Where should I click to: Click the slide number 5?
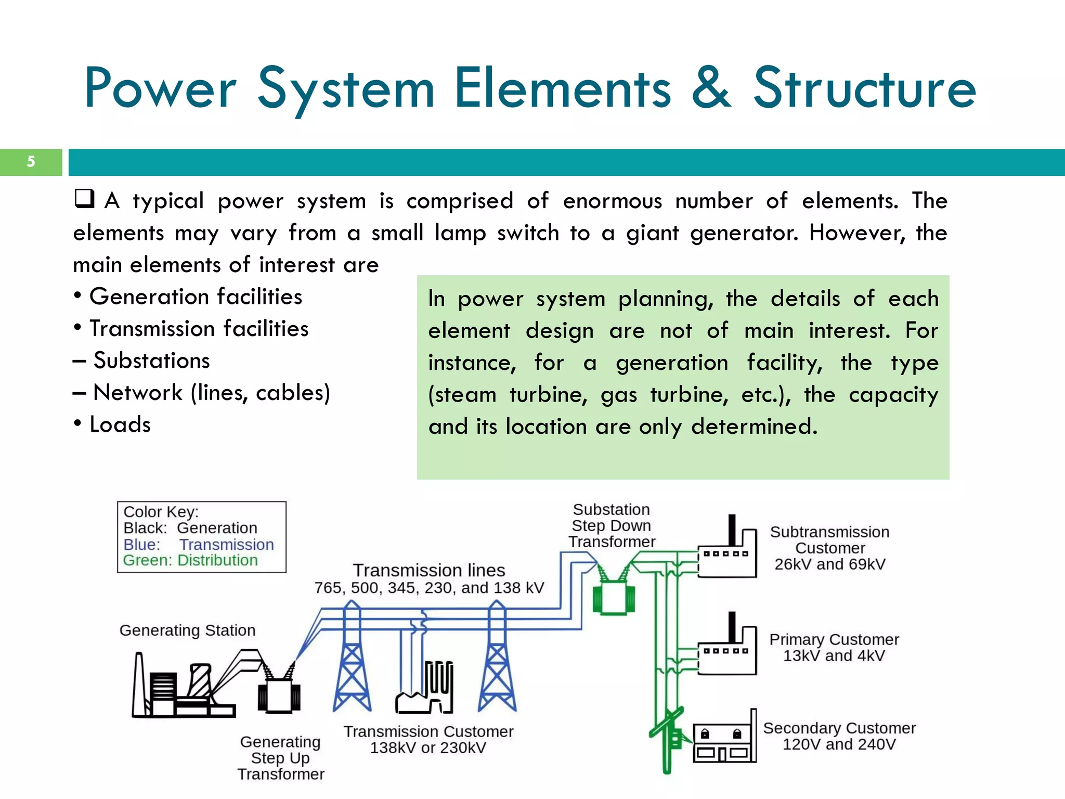coord(31,162)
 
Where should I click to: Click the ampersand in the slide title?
coord(711,88)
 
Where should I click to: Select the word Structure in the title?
coord(864,88)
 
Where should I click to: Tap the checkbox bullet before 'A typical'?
coord(84,199)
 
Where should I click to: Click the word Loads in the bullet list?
coord(120,424)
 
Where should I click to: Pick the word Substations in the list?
coord(151,360)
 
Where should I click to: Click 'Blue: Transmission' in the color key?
coord(198,544)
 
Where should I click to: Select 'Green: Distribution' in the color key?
coord(190,560)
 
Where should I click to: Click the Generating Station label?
coord(187,630)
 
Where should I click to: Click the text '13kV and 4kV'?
coord(834,655)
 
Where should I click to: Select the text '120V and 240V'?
coord(839,744)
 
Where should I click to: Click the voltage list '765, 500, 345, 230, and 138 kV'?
coord(429,588)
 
